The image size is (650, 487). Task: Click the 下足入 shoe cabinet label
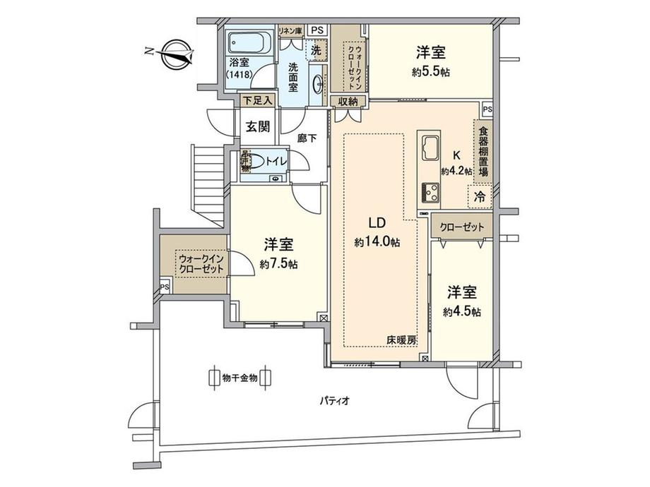point(257,101)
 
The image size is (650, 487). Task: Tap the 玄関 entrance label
point(257,127)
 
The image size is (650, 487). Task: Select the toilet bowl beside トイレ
point(259,162)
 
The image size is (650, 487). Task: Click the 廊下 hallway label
point(307,138)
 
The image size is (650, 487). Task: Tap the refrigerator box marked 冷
point(480,197)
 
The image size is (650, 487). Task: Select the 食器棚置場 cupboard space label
point(483,152)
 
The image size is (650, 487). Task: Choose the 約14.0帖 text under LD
point(377,242)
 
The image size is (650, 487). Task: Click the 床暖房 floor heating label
point(401,340)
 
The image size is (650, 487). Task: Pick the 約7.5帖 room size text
point(278,264)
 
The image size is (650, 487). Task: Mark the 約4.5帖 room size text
point(462,311)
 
